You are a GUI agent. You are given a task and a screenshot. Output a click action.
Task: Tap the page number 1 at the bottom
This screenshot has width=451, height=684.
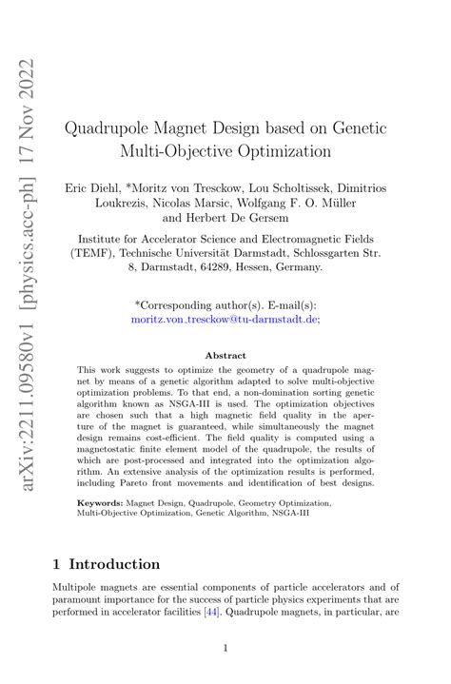(x=225, y=649)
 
